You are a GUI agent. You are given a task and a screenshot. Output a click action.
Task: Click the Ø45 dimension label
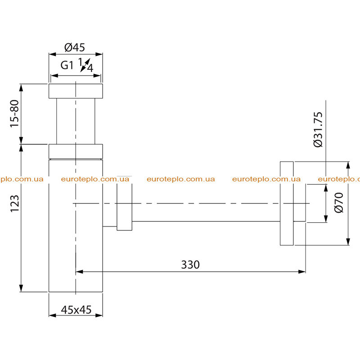75,47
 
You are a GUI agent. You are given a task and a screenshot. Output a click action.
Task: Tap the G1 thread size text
67,65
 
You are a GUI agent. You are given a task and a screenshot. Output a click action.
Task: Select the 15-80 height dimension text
14,113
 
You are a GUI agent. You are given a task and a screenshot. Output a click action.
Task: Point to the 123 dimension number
14,204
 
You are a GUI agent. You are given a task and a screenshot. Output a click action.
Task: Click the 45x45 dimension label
76,310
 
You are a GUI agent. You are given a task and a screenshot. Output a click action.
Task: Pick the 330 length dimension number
190,265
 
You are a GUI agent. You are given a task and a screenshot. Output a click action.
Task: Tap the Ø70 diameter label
339,203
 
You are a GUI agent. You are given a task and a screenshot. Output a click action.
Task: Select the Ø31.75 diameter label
318,130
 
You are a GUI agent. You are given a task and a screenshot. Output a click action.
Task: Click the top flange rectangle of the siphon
76,91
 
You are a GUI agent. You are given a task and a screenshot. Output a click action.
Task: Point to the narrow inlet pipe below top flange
76,121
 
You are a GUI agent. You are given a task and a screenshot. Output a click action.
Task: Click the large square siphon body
76,226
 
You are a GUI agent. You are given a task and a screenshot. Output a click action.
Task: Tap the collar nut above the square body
76,151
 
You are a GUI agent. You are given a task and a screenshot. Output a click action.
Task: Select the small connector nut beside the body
125,203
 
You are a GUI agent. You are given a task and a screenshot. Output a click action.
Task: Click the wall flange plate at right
287,203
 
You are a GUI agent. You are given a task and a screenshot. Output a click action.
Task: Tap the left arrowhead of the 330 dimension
79,272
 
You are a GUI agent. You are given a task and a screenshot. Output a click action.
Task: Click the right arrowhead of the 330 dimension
302,272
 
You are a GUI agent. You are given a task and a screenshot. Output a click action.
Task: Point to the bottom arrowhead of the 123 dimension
21,288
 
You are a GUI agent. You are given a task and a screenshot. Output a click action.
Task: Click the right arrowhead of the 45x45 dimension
99,315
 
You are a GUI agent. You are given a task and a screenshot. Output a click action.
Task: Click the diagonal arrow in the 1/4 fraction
85,65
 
